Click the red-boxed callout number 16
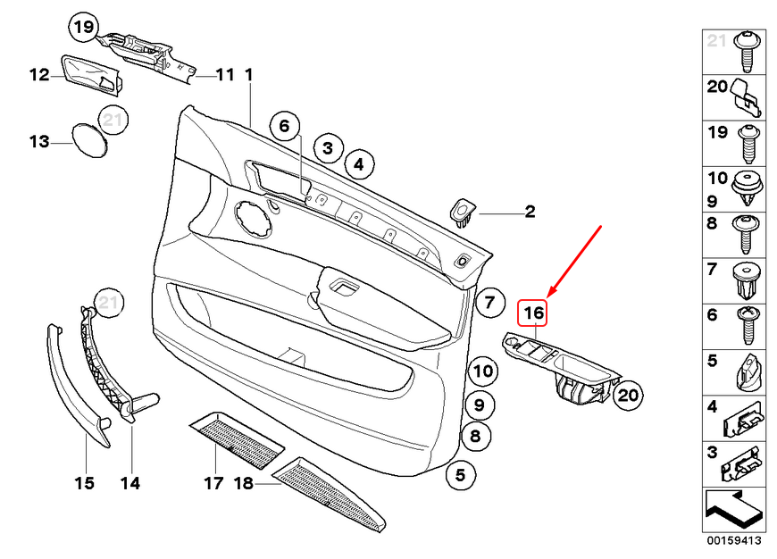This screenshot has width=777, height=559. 533,313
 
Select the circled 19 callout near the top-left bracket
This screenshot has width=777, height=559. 82,29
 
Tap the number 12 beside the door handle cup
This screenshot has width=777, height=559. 38,75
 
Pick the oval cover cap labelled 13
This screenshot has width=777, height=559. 89,141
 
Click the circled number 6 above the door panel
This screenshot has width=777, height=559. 284,127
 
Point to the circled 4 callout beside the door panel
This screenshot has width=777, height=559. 357,164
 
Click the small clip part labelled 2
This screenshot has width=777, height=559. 464,212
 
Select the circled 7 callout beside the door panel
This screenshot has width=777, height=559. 489,304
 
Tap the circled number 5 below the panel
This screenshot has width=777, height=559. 460,475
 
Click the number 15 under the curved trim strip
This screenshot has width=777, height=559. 84,484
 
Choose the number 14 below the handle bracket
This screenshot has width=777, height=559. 130,484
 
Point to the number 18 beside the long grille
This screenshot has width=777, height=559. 243,484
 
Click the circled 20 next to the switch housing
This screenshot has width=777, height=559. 628,395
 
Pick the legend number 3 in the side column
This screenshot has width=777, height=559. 713,453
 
